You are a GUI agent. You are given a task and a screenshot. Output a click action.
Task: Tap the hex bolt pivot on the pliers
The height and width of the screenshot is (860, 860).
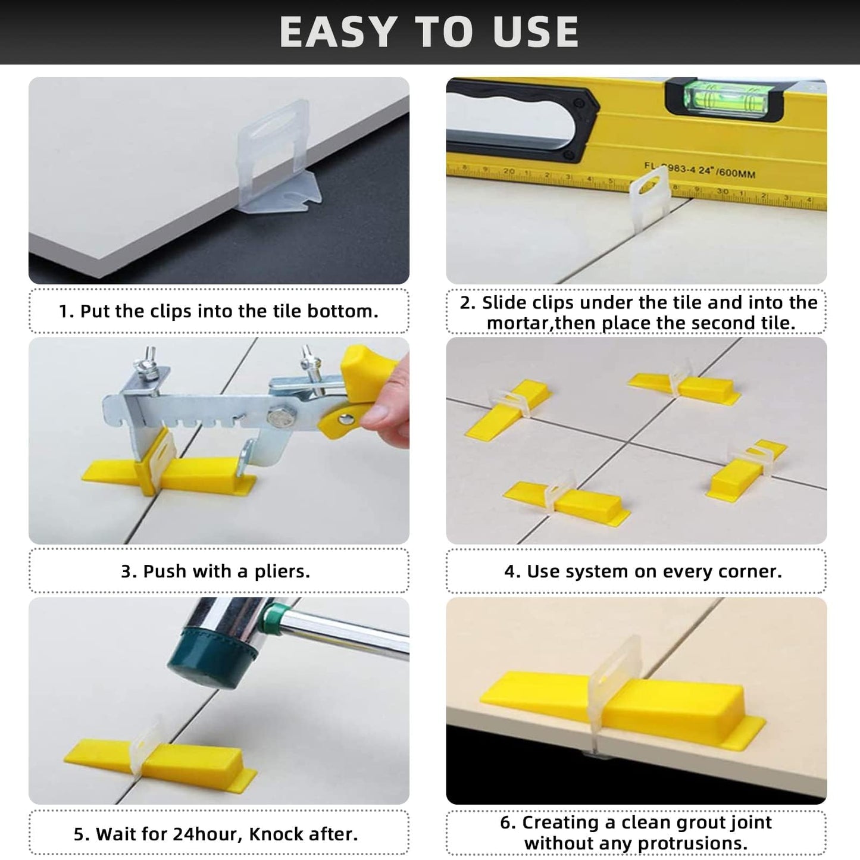pos(278,420)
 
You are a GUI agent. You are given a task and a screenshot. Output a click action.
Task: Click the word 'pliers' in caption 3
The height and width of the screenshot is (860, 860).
pos(281,572)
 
